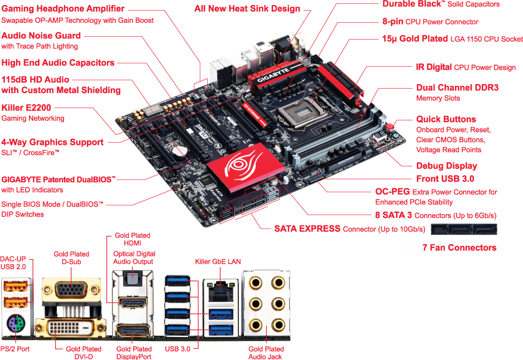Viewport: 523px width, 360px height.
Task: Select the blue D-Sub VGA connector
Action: (71, 290)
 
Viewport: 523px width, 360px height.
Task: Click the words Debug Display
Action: (447, 166)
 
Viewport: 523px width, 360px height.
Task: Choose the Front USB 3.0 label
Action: (445, 179)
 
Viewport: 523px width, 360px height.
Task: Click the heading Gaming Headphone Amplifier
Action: (63, 9)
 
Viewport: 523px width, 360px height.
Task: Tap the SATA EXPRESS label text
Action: (307, 228)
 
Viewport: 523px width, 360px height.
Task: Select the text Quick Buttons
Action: (446, 119)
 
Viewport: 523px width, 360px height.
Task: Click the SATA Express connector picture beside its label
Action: (464, 229)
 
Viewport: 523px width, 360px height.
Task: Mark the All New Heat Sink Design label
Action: (247, 8)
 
